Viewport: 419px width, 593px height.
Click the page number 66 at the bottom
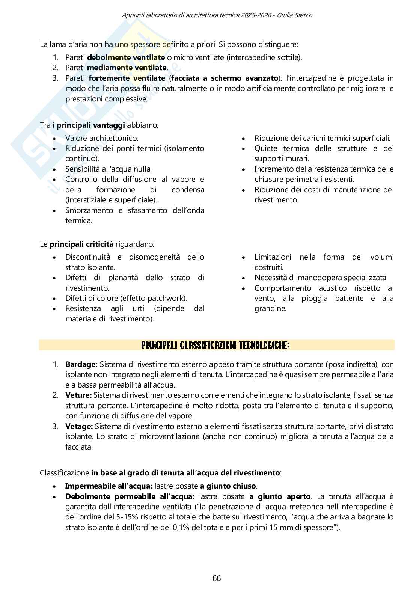click(x=217, y=578)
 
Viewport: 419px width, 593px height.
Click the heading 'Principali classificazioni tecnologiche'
click(x=215, y=345)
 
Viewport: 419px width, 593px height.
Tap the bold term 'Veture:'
click(x=78, y=395)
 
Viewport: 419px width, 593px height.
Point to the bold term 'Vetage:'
click(x=79, y=426)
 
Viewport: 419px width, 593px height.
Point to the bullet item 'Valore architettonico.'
click(x=101, y=138)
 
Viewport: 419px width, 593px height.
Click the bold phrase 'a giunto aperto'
click(x=280, y=496)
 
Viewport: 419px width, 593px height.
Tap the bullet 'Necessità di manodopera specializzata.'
click(x=321, y=278)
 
